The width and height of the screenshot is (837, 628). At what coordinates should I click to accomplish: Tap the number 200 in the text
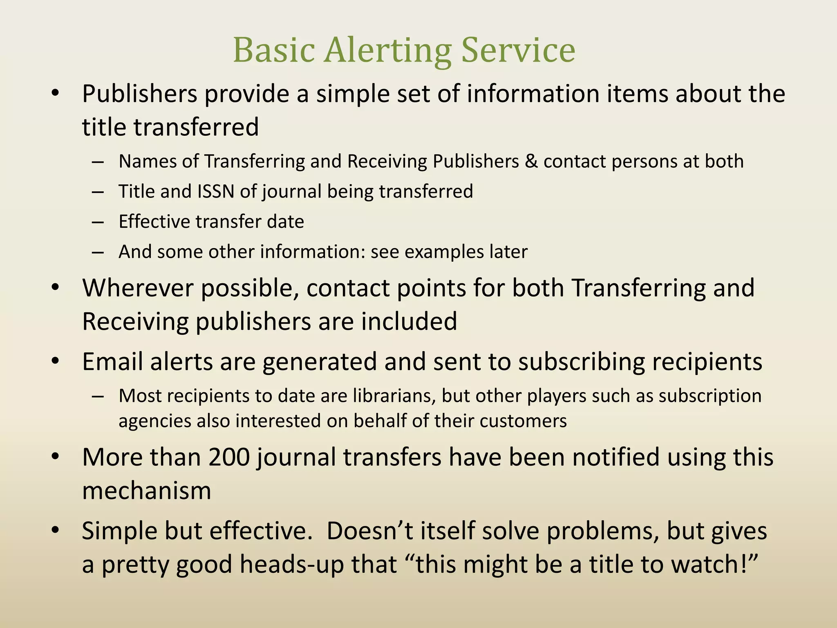coord(229,457)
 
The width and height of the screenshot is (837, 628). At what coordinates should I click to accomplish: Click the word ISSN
coord(216,191)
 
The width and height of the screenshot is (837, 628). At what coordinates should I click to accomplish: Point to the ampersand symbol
coord(531,161)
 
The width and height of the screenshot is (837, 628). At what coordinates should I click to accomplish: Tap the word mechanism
coord(146,491)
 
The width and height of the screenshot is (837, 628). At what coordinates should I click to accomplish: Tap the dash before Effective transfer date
coord(98,222)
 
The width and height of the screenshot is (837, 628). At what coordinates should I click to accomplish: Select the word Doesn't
coord(369,531)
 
